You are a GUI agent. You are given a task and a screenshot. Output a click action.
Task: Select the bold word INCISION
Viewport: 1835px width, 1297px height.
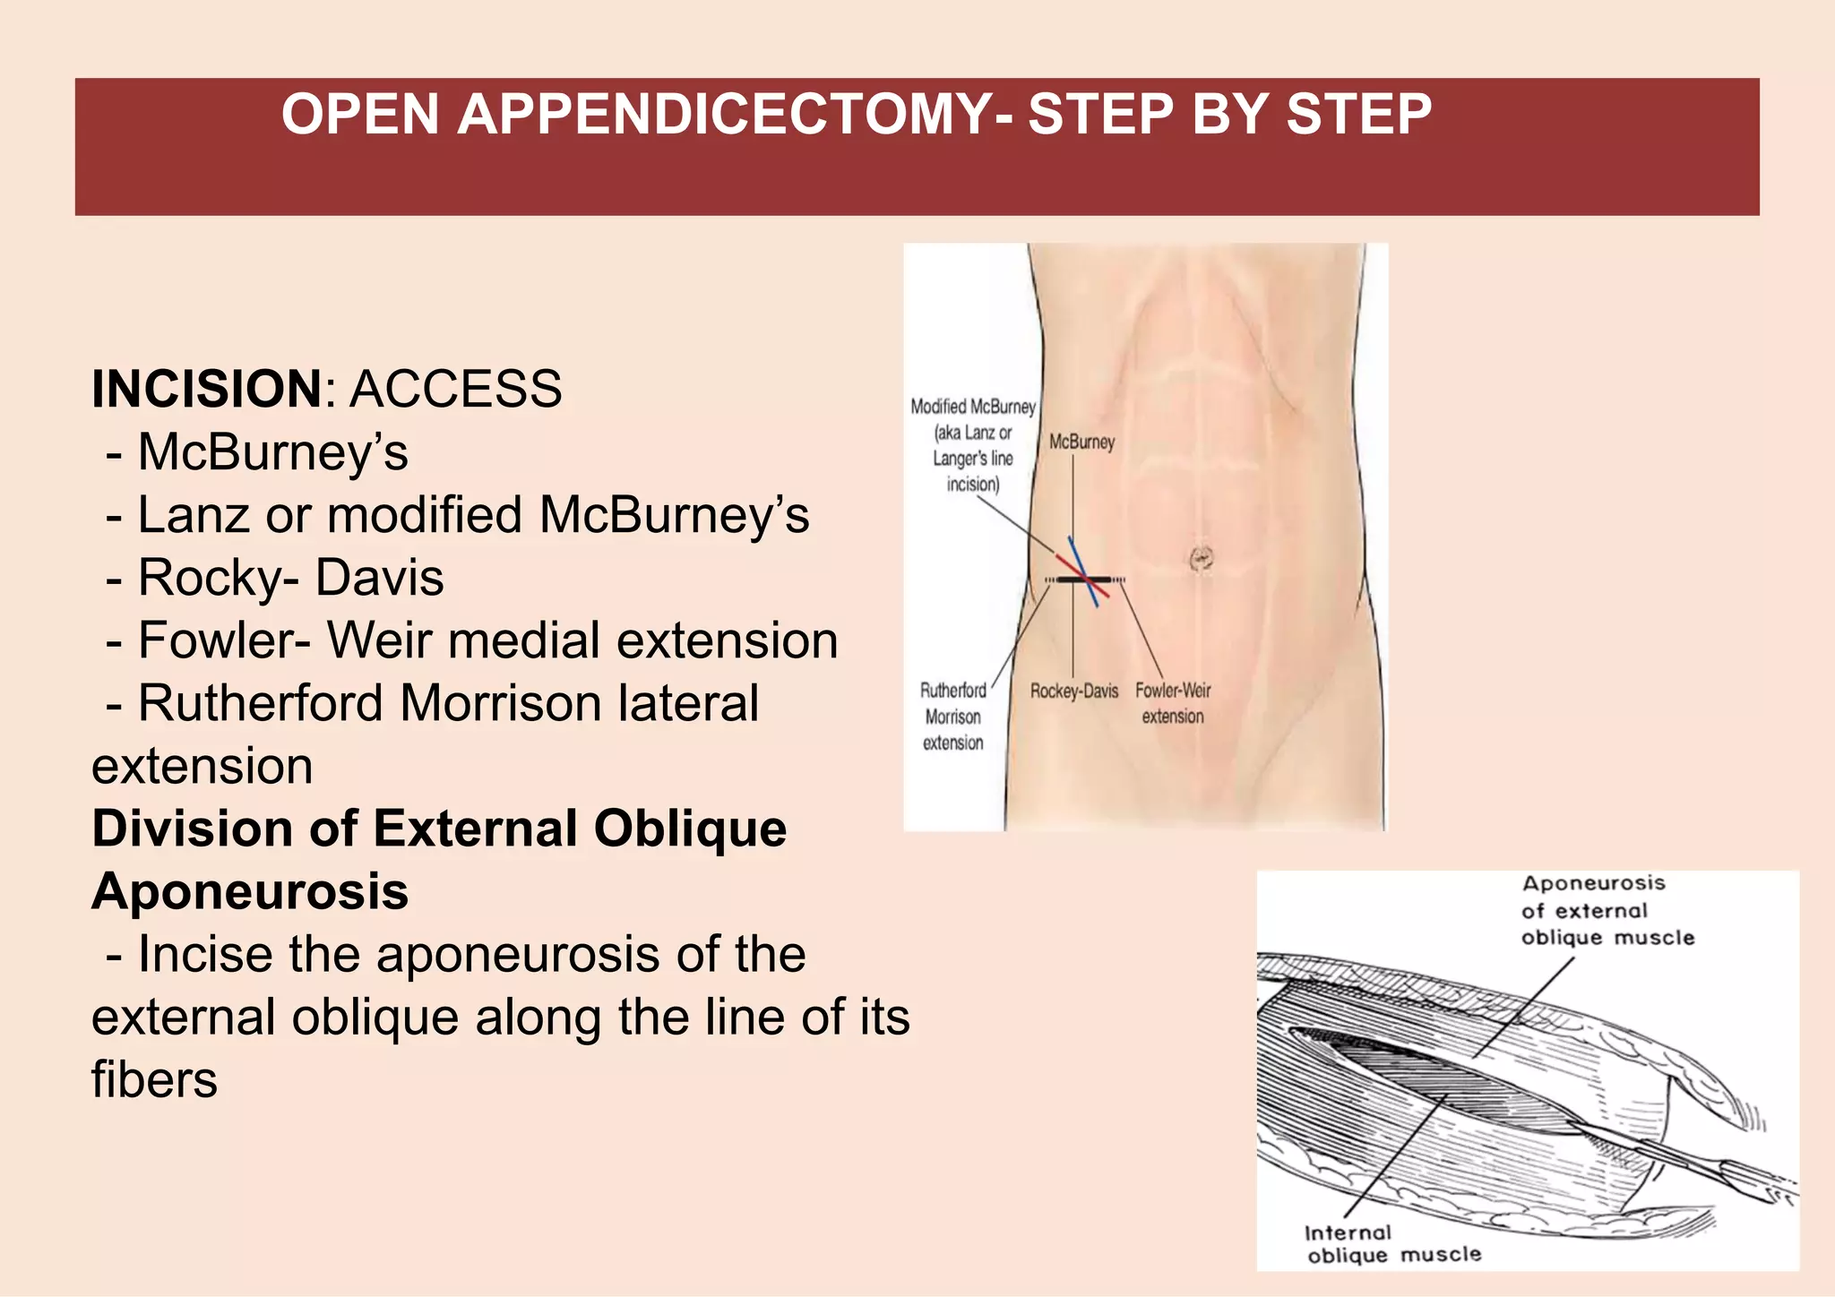tap(206, 390)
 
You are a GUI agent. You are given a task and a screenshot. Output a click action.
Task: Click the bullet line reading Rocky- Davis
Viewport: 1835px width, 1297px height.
tap(290, 578)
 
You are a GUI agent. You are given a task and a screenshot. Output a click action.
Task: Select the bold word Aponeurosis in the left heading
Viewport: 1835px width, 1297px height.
tap(250, 892)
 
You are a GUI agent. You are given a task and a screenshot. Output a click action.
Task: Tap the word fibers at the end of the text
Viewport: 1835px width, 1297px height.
tap(154, 1080)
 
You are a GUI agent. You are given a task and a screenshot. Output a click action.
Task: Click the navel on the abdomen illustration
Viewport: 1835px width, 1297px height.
tap(1201, 560)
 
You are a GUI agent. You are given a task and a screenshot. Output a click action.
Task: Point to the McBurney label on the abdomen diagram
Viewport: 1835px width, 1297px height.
tap(1081, 442)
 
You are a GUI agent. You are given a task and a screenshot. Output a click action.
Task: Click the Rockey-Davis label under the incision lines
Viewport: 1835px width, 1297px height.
tap(1073, 691)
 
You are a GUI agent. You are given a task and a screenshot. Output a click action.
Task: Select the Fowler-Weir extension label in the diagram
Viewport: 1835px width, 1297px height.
tap(1172, 703)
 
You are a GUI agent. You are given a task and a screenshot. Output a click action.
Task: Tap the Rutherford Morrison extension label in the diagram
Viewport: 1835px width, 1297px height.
tap(953, 717)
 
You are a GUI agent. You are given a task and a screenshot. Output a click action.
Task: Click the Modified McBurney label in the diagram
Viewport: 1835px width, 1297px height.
tap(973, 445)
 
